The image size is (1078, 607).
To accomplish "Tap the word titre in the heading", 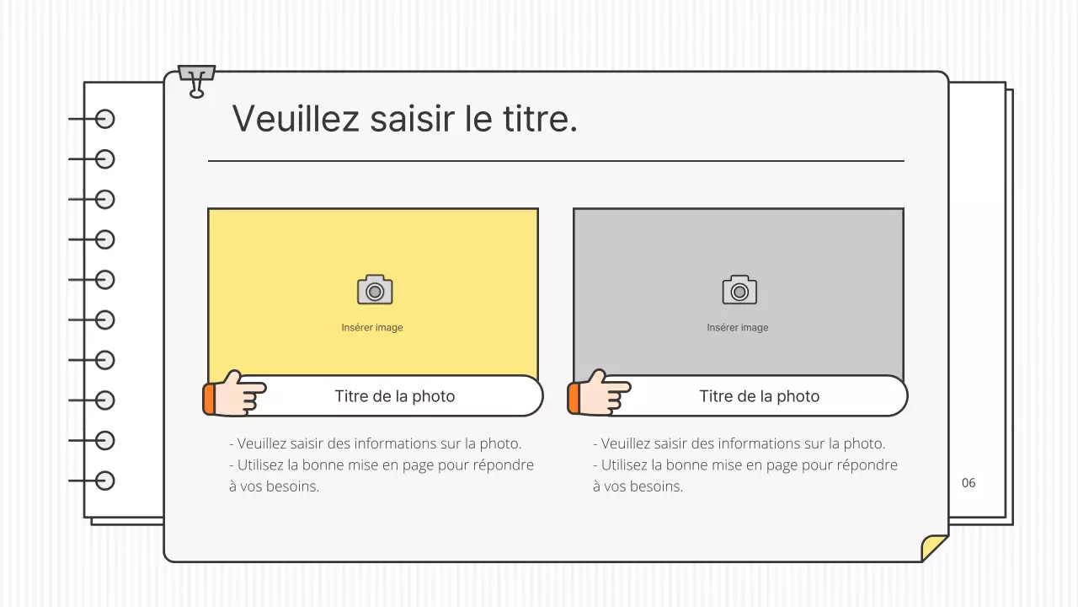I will [x=541, y=118].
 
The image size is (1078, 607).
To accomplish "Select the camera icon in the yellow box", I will [x=375, y=290].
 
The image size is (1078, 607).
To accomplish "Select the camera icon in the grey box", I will [x=739, y=290].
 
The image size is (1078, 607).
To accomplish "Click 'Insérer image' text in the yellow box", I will [x=372, y=328].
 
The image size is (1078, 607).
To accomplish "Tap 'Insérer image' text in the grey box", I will [x=738, y=328].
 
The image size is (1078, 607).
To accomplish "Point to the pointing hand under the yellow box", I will [x=239, y=394].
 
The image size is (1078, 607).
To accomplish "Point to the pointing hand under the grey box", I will [x=604, y=394].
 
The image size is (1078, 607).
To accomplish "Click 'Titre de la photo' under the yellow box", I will [x=394, y=396].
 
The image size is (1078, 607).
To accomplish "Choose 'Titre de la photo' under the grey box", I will [x=759, y=396].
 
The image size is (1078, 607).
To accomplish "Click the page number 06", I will [x=969, y=483].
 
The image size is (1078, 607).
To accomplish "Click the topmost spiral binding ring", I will [x=104, y=119].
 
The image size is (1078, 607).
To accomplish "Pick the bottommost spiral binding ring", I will [x=104, y=481].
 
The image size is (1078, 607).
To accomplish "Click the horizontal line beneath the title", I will [x=556, y=160].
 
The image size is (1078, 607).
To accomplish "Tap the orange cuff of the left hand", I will [x=208, y=399].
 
